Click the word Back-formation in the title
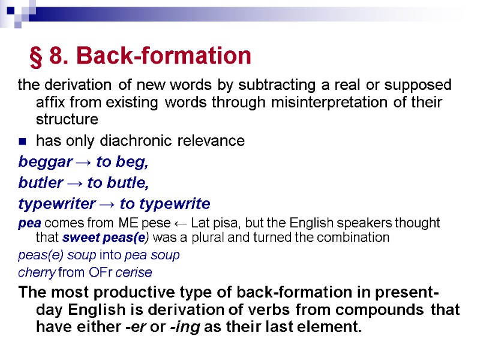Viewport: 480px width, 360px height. [164, 56]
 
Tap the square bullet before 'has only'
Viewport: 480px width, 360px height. [22, 142]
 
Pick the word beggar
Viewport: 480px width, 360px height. [41, 162]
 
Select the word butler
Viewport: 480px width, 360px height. [37, 182]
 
